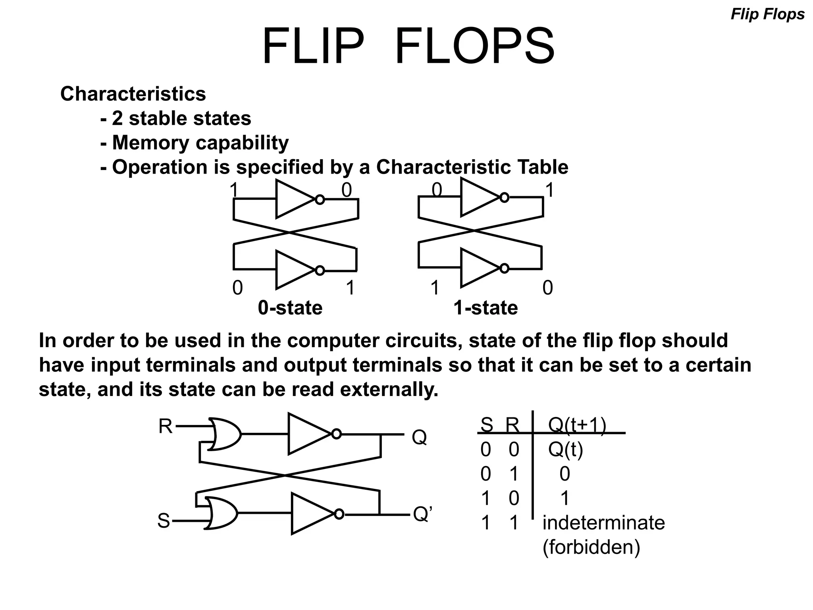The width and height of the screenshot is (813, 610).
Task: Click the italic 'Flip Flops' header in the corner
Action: click(767, 15)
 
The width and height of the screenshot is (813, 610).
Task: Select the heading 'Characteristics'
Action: click(133, 94)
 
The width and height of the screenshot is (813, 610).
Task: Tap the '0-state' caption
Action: click(290, 308)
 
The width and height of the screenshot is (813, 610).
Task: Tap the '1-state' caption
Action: click(485, 308)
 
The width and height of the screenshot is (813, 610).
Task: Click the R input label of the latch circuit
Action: click(165, 427)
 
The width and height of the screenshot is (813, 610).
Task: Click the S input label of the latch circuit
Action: click(164, 521)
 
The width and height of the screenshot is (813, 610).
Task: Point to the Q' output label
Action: click(422, 514)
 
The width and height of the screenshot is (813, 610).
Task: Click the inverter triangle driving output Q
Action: click(308, 434)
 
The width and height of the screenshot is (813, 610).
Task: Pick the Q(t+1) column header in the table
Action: click(577, 425)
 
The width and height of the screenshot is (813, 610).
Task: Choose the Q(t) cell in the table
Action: click(565, 450)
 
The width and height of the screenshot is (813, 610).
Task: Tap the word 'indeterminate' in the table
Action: click(603, 523)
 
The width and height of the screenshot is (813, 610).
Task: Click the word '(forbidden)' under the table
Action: click(591, 547)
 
